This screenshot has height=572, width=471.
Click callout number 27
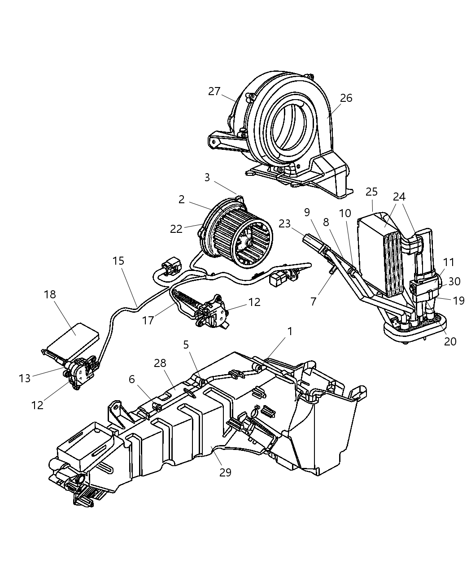click(x=214, y=91)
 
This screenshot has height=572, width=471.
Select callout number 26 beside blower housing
click(x=346, y=98)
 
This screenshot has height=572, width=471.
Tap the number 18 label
click(x=50, y=294)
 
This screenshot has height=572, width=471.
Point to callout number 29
click(x=225, y=472)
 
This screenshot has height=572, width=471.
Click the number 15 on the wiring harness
click(x=118, y=261)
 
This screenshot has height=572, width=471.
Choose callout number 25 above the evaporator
click(x=371, y=192)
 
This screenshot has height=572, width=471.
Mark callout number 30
click(x=454, y=281)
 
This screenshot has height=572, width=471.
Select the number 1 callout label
click(x=290, y=331)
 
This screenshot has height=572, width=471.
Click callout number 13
click(x=25, y=378)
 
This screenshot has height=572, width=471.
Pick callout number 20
click(x=450, y=341)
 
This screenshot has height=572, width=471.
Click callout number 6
click(x=131, y=379)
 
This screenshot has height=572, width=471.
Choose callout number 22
click(x=176, y=228)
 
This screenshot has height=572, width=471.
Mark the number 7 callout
click(x=313, y=301)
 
